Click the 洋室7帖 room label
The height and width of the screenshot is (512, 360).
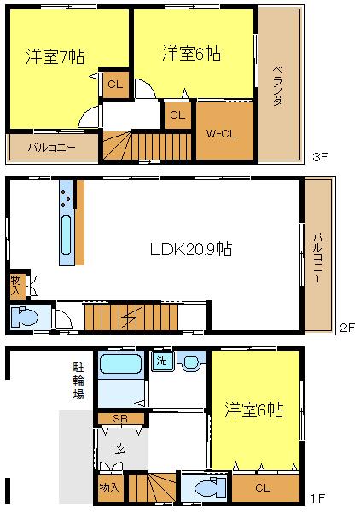coord(55,57)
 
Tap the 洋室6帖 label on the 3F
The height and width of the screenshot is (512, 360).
coord(192,54)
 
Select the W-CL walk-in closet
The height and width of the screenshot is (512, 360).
coord(225,134)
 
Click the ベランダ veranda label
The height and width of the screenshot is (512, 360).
coord(278,84)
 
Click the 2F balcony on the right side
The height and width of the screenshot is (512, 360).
coord(317,256)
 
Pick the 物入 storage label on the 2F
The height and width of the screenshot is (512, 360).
coord(17,285)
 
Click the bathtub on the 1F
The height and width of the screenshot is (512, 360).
coord(123,366)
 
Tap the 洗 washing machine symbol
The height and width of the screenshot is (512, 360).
coord(160,360)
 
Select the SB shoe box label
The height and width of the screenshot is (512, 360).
coord(119,418)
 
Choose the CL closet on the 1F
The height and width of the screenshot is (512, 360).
coord(262,488)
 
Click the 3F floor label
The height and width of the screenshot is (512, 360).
coord(318,157)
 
